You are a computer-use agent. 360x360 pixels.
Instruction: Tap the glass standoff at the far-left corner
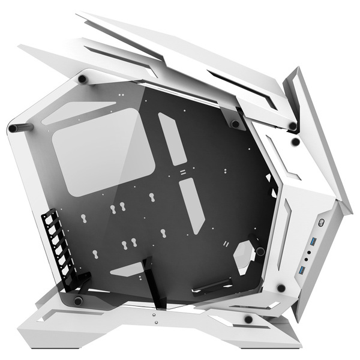point(13,128)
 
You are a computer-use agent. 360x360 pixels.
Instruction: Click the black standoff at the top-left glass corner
point(82,79)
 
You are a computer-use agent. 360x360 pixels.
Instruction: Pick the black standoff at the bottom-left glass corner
point(78,299)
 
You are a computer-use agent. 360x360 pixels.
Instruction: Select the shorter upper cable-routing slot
point(172,139)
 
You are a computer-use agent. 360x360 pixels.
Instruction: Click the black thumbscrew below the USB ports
point(281,289)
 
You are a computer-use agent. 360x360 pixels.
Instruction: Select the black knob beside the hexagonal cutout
point(260,251)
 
